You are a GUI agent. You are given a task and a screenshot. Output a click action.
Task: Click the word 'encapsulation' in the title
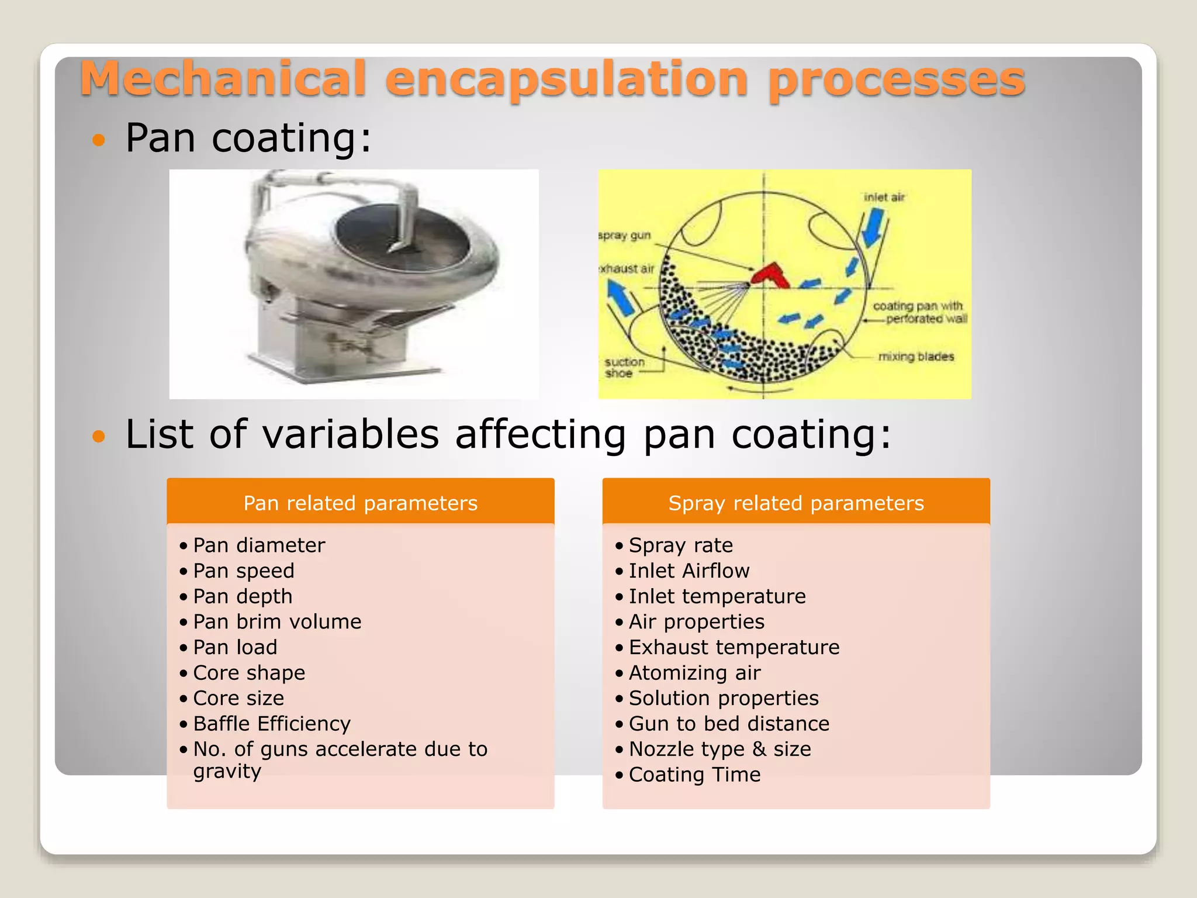click(566, 80)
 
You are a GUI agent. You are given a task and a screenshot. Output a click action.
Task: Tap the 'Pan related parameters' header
click(361, 503)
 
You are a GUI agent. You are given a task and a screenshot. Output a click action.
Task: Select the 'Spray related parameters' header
click(796, 503)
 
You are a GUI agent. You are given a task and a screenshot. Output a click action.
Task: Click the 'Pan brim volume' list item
click(277, 621)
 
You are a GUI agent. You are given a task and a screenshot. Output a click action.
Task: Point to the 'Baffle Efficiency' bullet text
click(272, 724)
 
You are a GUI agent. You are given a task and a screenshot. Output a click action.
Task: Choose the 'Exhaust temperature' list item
click(734, 647)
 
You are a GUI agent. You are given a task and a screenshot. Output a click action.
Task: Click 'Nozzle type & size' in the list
click(720, 749)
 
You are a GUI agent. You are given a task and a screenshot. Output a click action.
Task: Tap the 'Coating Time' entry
click(695, 775)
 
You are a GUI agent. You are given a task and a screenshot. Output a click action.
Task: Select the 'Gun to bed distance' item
click(729, 724)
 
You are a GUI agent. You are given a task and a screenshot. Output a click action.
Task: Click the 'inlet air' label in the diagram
click(884, 198)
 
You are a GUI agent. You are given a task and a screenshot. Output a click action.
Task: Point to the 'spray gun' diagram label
click(624, 236)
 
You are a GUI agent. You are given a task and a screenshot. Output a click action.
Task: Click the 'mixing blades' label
click(916, 357)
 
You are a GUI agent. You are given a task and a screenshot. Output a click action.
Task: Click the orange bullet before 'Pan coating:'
click(99, 140)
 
